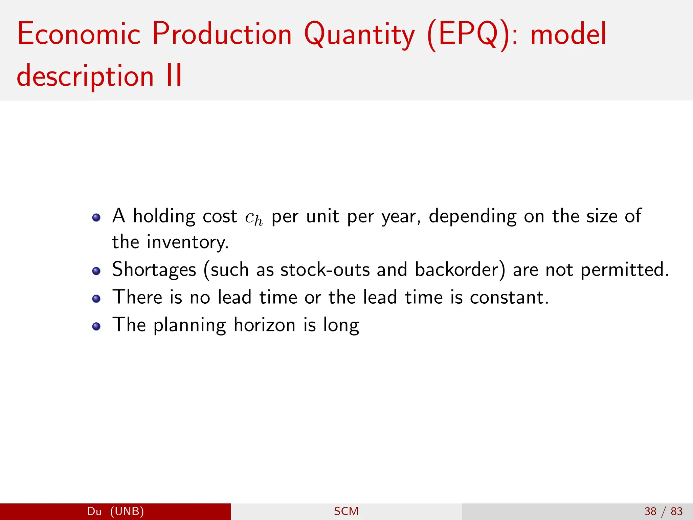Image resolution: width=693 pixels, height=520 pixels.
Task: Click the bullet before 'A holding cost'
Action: tap(96, 217)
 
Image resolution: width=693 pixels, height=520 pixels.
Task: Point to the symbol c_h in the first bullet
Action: tap(253, 217)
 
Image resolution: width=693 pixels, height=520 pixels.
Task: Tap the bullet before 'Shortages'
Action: tap(96, 271)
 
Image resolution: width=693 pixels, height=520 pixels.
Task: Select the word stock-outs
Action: tap(325, 270)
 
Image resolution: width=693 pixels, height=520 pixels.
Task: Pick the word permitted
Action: tap(624, 270)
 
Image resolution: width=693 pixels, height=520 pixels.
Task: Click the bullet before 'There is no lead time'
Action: tap(96, 299)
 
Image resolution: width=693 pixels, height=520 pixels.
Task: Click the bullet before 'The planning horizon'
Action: tap(96, 326)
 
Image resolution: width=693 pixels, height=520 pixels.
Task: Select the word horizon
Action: tap(265, 325)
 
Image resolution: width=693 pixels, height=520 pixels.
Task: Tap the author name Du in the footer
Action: tap(94, 511)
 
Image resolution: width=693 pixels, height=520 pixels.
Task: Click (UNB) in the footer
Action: tap(127, 511)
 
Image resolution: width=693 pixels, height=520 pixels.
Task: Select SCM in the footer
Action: tap(346, 511)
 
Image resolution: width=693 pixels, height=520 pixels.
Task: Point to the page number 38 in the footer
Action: tap(650, 511)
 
